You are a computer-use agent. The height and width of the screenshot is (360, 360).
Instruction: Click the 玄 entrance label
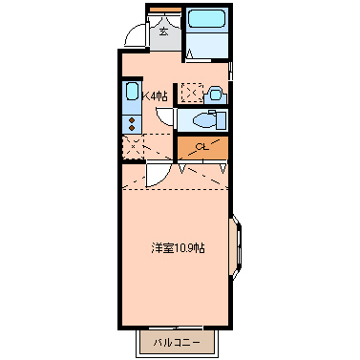[163, 32]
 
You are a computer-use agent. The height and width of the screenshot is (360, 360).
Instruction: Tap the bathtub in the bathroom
[206, 20]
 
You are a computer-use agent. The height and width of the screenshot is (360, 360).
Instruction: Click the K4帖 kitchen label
[155, 95]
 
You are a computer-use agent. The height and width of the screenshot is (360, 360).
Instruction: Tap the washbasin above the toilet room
[216, 94]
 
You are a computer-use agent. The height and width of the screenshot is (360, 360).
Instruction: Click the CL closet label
[201, 147]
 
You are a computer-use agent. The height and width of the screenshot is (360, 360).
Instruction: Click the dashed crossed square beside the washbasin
[192, 94]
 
